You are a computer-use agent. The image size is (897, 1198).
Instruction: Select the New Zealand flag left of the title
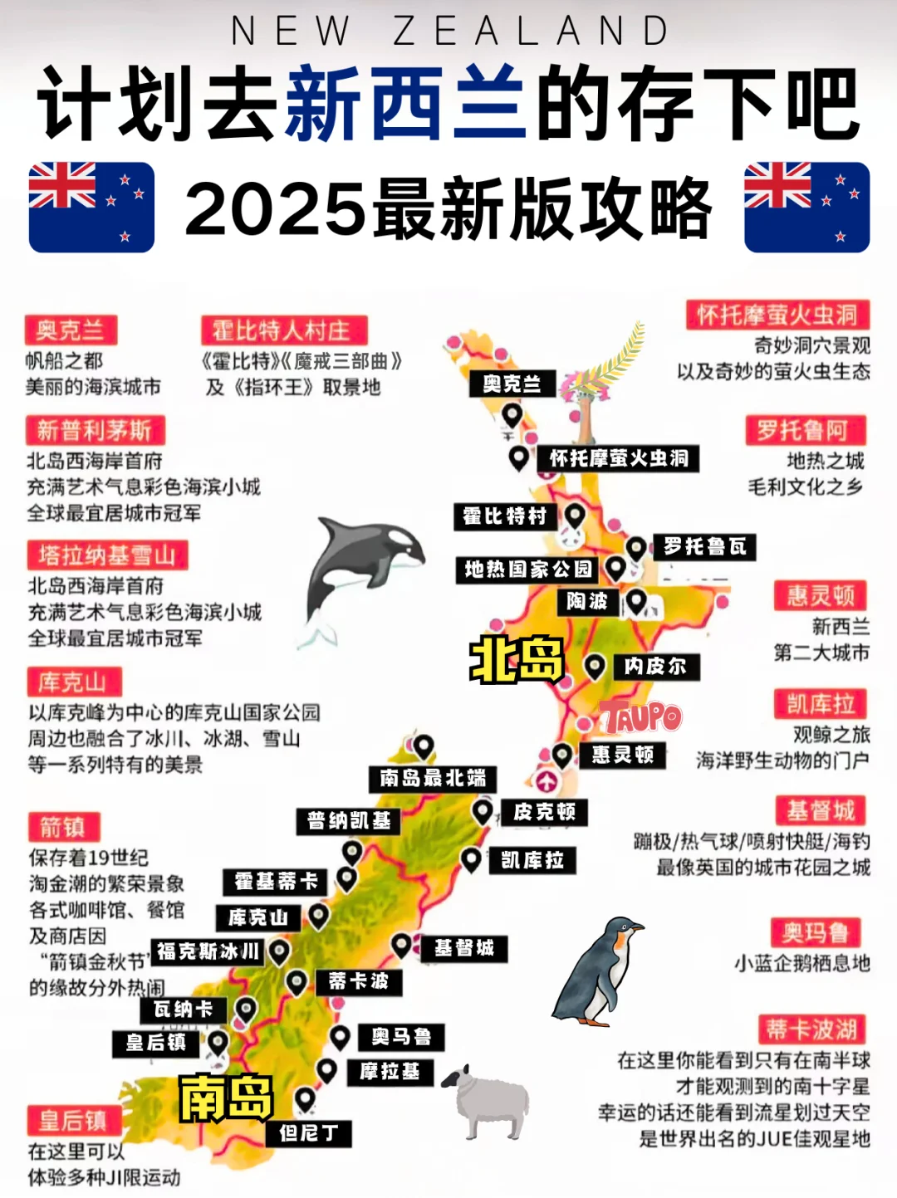(x=91, y=207)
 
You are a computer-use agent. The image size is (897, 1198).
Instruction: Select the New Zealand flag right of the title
(x=806, y=207)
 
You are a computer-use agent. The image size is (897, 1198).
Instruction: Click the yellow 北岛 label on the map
(x=517, y=661)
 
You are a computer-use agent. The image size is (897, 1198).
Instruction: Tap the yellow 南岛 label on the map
(x=226, y=1098)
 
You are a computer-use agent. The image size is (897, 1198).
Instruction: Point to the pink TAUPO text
(x=640, y=716)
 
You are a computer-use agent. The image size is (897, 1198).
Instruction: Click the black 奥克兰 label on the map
(x=512, y=384)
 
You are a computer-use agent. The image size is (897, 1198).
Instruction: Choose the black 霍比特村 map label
(x=505, y=516)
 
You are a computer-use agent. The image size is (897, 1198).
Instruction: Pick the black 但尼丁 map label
(x=309, y=1132)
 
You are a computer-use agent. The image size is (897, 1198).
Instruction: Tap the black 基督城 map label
(x=464, y=948)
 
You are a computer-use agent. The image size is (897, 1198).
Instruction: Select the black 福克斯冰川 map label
(x=208, y=951)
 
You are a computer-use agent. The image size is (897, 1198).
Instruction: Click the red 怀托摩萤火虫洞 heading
(x=777, y=315)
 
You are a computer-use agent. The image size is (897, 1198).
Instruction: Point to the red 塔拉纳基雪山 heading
(x=107, y=555)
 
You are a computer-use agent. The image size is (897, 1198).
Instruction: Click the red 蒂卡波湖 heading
(x=811, y=1029)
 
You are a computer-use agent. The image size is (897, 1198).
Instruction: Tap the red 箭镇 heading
(x=62, y=827)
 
